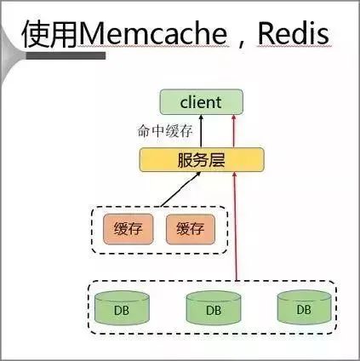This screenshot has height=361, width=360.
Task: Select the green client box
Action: tap(201, 103)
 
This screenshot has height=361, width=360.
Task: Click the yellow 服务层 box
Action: tap(201, 158)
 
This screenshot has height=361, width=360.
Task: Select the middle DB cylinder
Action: tap(213, 308)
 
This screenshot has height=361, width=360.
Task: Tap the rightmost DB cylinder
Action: tap(303, 308)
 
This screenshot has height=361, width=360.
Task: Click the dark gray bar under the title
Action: tap(64, 56)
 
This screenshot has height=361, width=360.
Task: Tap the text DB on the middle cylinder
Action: tap(213, 311)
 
